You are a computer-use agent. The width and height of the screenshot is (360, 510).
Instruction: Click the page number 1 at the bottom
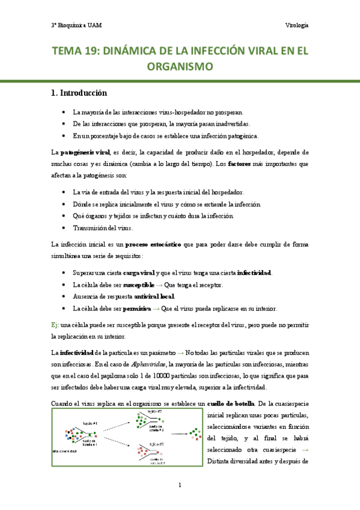coord(180,485)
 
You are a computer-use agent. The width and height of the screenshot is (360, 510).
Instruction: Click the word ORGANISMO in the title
coord(180,67)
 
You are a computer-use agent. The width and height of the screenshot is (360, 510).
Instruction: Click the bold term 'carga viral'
coord(139,272)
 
